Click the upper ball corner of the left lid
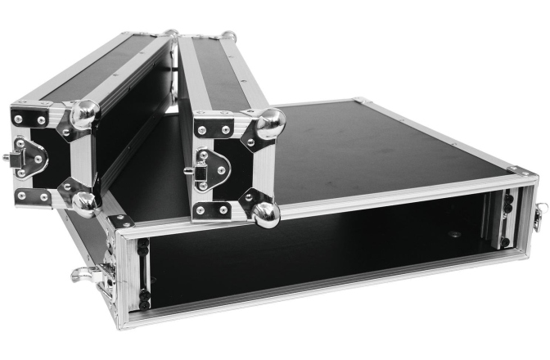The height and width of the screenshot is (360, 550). coord(84,114)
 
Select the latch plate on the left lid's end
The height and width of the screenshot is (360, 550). coord(30,155)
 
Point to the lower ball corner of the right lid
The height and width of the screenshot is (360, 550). coord(265,214)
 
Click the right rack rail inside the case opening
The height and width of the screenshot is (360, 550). coord(505,219)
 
